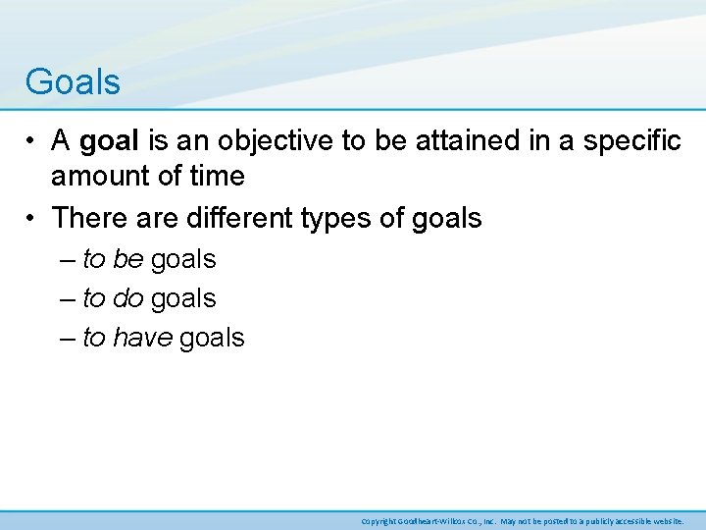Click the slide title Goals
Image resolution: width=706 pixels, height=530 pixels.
tap(73, 81)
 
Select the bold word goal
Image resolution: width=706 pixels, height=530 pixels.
tap(110, 141)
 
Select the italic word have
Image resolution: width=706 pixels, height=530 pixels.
tap(143, 338)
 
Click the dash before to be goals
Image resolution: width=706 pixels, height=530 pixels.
tap(66, 260)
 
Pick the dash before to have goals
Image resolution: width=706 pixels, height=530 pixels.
tap(66, 339)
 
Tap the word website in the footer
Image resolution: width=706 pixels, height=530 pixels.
tap(665, 520)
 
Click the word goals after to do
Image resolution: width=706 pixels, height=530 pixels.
tap(183, 298)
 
